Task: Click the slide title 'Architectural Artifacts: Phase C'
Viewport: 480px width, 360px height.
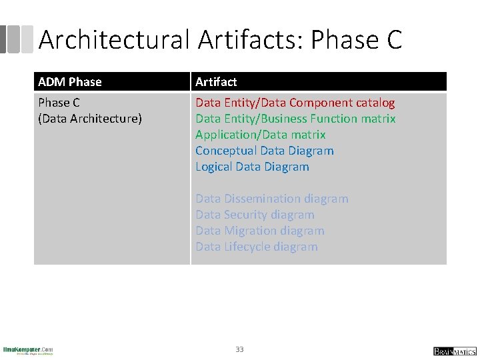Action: point(220,40)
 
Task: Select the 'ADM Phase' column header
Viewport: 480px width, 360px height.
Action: point(70,82)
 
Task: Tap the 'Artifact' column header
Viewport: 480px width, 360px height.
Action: point(216,82)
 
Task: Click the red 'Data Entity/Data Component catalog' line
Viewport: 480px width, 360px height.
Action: point(295,103)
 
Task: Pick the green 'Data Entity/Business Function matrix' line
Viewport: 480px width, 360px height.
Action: point(295,119)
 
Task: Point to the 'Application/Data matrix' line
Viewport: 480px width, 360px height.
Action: point(260,135)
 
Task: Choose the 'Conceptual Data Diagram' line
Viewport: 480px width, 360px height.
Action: point(264,151)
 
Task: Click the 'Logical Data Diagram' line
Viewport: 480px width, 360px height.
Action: point(252,167)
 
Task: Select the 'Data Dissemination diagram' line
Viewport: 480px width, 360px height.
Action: point(271,199)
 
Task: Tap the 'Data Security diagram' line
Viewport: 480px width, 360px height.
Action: point(255,215)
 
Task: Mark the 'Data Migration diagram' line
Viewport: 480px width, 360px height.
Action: point(259,231)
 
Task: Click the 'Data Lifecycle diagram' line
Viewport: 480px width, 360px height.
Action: point(256,247)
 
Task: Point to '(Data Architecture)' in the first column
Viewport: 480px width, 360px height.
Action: point(90,119)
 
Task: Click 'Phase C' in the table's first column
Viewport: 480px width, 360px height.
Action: point(59,103)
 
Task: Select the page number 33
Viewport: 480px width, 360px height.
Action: point(239,349)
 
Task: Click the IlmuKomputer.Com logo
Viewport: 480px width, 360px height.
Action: point(28,350)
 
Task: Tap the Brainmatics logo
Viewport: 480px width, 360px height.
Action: point(455,351)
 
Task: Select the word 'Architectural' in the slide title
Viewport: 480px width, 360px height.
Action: point(115,40)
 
